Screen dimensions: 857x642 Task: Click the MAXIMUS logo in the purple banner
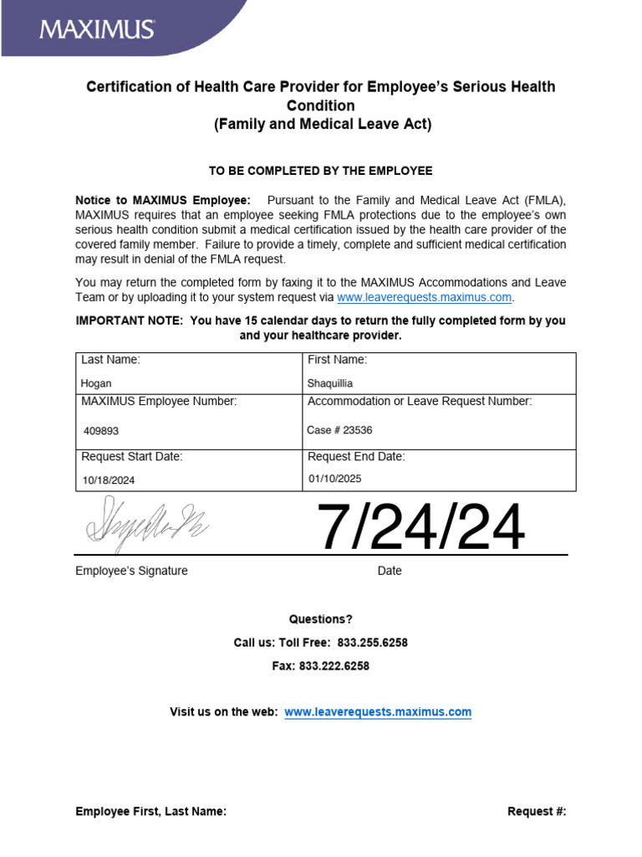point(97,29)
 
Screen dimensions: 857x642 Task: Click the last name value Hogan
point(96,384)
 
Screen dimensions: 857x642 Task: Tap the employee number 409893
point(100,431)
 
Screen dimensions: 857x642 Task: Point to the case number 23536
point(340,430)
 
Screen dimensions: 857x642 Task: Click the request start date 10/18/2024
point(109,480)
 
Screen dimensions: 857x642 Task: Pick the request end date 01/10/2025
point(335,479)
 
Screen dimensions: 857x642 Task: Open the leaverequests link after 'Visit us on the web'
point(378,712)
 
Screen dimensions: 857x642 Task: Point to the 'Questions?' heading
point(321,619)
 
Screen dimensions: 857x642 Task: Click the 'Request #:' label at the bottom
point(537,811)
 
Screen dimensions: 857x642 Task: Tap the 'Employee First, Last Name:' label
point(150,811)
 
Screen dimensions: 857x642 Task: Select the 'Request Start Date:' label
point(132,457)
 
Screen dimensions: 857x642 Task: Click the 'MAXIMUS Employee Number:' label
point(159,402)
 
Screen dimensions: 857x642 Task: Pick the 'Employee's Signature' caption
point(131,571)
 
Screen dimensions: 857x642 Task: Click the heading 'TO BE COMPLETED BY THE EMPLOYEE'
point(321,171)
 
